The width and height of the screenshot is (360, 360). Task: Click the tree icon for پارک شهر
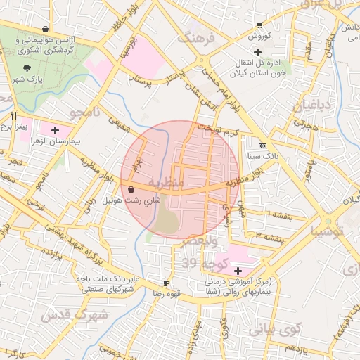point(27,68)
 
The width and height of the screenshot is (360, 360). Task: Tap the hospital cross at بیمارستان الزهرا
point(55,130)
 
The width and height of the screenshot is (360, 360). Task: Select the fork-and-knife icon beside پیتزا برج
point(13,115)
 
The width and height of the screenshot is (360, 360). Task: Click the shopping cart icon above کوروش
point(259,24)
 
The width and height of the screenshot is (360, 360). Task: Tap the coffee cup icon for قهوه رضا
point(166,282)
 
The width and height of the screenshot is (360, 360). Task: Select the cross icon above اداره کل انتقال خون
point(258,52)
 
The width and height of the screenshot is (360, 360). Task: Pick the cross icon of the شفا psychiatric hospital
point(238,270)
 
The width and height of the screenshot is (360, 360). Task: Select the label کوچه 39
point(200,264)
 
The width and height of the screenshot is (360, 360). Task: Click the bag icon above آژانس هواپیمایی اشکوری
point(45,29)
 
